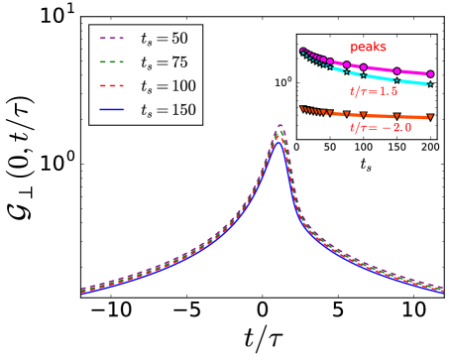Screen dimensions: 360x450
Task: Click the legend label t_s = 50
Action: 164,40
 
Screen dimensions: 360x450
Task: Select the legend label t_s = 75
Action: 164,62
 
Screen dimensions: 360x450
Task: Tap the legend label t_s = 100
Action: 168,86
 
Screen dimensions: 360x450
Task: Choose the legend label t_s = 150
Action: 168,110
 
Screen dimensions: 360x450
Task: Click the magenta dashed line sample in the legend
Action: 111,40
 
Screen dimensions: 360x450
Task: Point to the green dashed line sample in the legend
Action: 111,62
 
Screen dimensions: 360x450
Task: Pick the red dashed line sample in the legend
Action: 111,86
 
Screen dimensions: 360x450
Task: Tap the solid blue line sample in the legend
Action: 111,110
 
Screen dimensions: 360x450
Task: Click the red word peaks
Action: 368,47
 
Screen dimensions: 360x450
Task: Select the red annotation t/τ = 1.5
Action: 374,91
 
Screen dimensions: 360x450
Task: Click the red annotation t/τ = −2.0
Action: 381,128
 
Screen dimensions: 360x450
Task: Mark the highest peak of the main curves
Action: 280,126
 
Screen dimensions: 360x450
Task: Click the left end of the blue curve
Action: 82,294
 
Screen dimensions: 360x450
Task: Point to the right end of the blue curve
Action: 442,292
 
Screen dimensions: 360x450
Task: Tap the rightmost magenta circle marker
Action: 430,74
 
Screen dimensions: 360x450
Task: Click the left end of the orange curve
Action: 302,108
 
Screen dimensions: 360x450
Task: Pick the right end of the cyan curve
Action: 430,84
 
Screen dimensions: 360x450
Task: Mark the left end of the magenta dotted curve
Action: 302,50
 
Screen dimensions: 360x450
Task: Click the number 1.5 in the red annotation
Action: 388,91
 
